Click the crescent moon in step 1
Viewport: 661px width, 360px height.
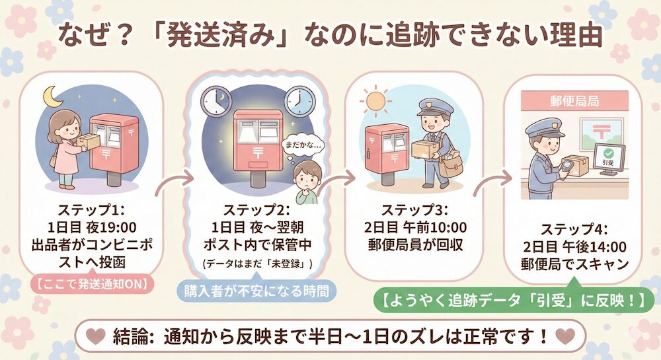[53, 97]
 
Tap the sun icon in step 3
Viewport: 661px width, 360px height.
[375, 101]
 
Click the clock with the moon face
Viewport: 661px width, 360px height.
[217, 102]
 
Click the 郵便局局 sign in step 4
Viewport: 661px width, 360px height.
[574, 101]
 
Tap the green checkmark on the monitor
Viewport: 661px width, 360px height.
[608, 153]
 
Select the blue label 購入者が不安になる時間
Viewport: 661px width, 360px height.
[257, 291]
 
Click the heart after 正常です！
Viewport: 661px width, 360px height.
[565, 336]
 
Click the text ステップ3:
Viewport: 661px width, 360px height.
[415, 210]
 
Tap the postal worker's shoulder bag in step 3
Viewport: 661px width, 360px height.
[450, 165]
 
